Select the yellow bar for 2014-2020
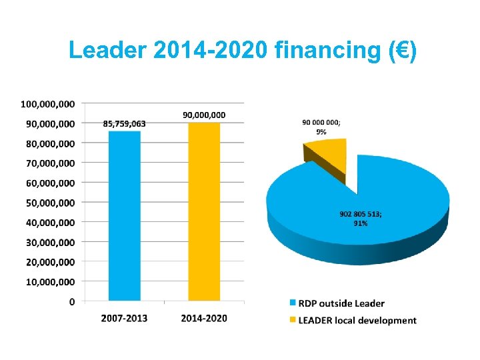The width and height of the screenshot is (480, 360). coord(204,211)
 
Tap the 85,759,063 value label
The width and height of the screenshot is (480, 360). coord(125,123)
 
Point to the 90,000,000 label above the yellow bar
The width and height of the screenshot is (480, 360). coord(204,115)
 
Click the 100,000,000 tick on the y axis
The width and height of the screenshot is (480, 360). coord(48,104)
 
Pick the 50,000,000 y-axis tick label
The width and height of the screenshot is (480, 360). coord(51,203)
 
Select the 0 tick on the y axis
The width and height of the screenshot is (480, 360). coord(72,302)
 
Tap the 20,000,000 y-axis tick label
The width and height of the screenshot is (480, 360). coord(51,262)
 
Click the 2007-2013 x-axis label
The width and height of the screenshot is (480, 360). coord(125,318)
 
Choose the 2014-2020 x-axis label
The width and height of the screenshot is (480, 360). coord(204,318)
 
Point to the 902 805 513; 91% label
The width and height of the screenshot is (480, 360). coord(361,219)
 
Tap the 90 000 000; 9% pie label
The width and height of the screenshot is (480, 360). coord(321,127)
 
